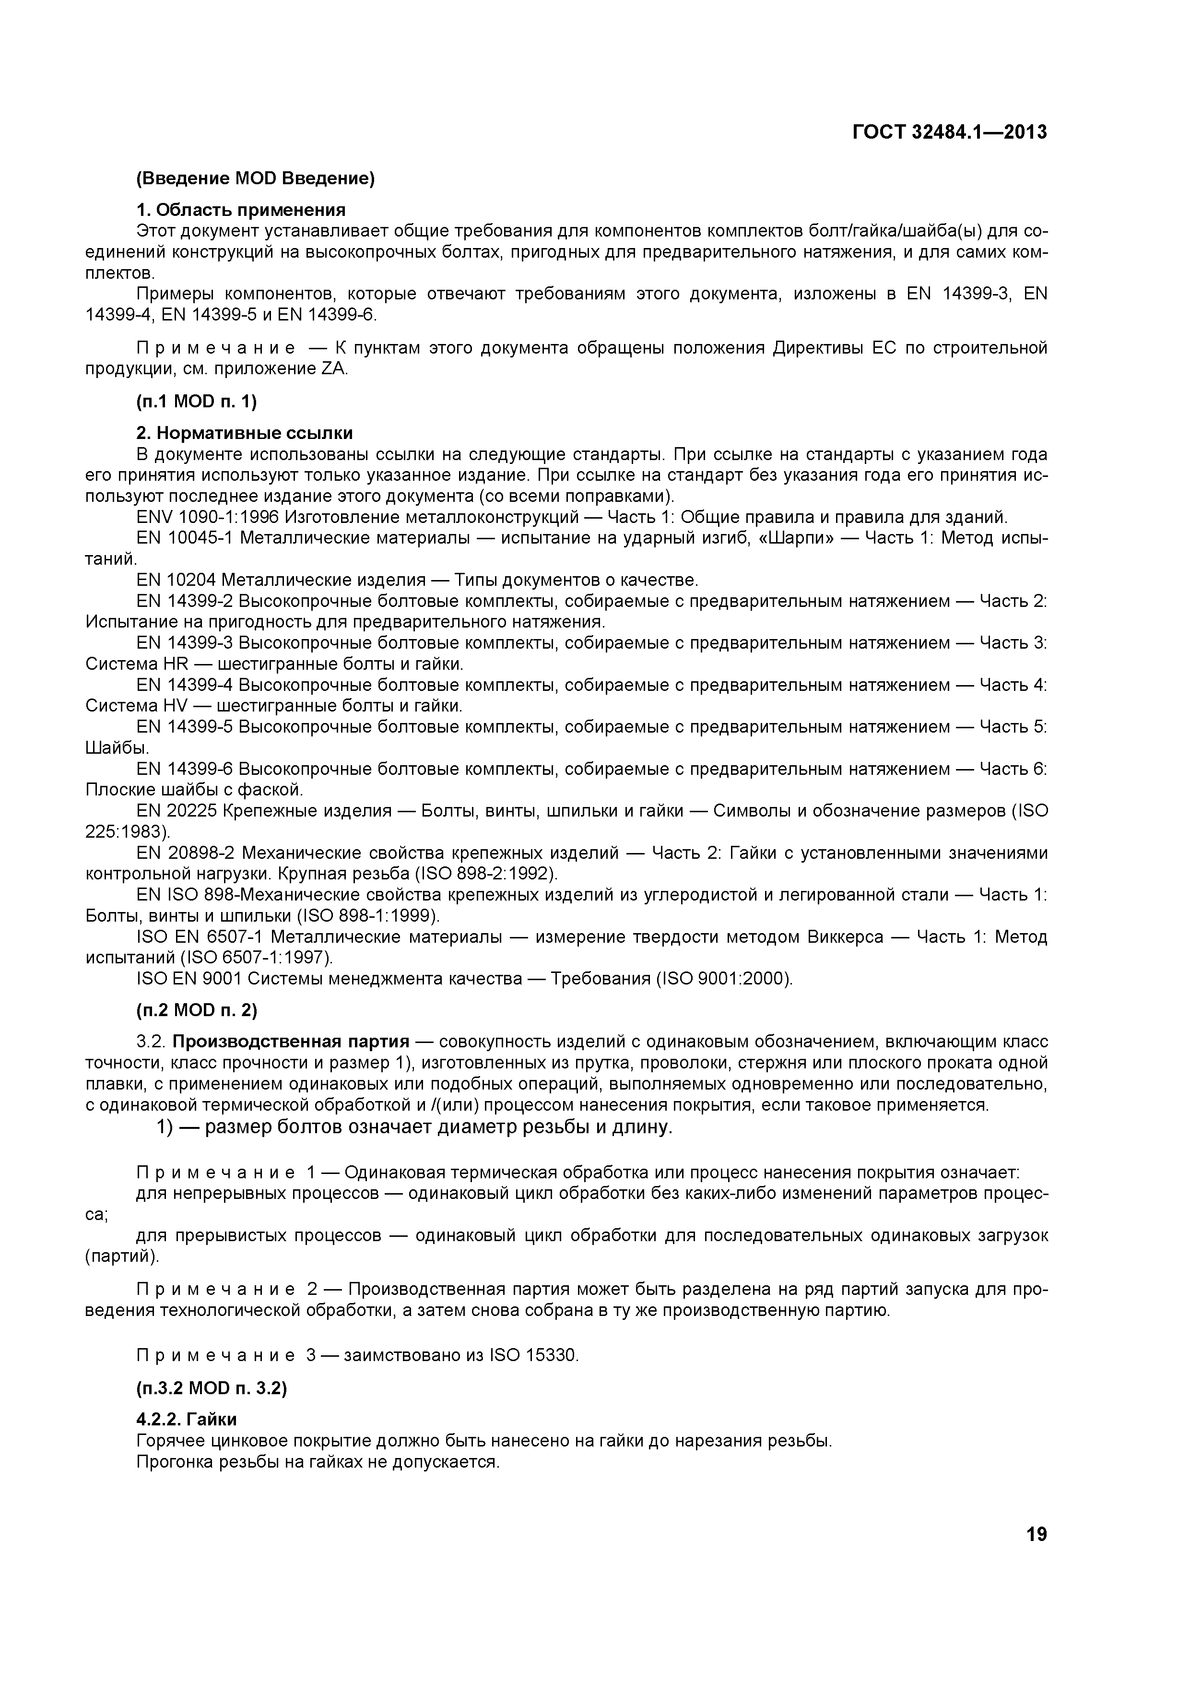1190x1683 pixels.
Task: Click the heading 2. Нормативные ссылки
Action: (244, 432)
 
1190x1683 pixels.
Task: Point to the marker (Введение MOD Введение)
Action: (256, 178)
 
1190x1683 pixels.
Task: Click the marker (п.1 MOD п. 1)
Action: (196, 401)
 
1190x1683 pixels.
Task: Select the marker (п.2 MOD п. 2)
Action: (196, 1010)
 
